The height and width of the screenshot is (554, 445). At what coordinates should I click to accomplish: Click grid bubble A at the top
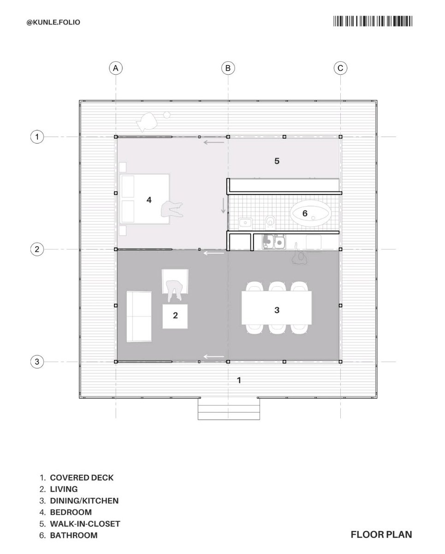point(116,68)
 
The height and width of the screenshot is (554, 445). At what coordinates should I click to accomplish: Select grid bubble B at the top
point(228,68)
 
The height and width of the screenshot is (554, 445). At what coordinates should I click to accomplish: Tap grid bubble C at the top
point(340,68)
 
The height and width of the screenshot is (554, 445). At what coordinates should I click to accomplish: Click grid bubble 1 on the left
point(36,137)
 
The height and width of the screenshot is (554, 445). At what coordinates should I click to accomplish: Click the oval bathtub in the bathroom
point(310,213)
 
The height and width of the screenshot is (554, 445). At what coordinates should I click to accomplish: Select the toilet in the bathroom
point(271,222)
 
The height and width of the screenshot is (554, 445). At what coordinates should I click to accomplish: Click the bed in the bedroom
point(145,199)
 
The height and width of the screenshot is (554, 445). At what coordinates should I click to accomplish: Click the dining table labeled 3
point(277,307)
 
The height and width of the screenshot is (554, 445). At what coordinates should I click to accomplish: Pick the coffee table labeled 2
point(175,316)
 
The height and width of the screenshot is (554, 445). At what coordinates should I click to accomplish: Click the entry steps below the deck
point(229,409)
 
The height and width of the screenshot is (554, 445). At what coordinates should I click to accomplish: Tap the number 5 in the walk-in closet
point(277,161)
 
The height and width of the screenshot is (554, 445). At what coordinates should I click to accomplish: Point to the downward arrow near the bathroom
point(223,205)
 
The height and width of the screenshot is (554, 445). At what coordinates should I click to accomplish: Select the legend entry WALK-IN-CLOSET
point(85,524)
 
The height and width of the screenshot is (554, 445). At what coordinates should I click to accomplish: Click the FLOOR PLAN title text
point(381,535)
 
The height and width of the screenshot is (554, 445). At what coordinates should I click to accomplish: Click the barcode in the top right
point(373,22)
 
